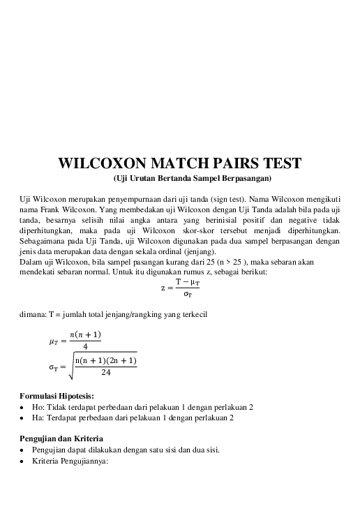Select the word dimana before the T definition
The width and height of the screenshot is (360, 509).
click(x=32, y=314)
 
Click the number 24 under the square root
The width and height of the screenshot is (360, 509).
click(x=105, y=373)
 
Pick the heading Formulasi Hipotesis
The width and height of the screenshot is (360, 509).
click(x=61, y=396)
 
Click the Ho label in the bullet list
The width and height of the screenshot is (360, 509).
click(x=38, y=407)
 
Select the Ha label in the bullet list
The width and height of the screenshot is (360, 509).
click(x=38, y=418)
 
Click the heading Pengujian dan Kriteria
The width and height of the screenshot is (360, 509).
click(x=64, y=438)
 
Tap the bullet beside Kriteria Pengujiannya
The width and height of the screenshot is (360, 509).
click(x=23, y=460)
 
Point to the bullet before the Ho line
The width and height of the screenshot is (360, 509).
click(x=23, y=407)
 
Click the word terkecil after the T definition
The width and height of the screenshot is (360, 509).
click(x=190, y=314)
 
